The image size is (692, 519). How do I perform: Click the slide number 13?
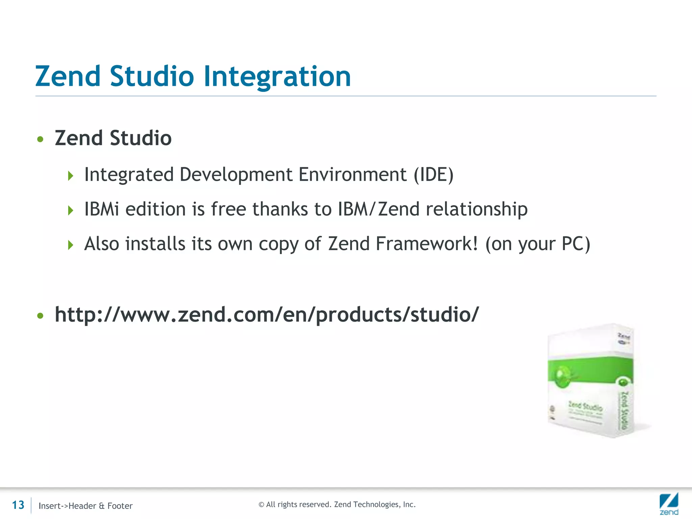coord(18,505)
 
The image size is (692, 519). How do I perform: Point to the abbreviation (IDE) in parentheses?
coord(434,175)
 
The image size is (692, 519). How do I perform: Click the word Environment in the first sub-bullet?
coord(352,175)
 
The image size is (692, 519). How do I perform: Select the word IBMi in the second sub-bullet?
coord(102,209)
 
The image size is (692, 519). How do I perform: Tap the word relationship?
coord(476,209)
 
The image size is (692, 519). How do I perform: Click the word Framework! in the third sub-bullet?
coord(427,244)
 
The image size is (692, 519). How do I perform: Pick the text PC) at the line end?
coord(576,244)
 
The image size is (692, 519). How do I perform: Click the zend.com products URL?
coord(267,315)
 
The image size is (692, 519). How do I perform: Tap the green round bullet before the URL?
coord(41,316)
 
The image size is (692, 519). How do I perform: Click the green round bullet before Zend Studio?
coord(41,139)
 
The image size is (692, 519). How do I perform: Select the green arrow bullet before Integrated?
coord(70,176)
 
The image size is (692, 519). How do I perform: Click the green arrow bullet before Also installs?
coord(70,245)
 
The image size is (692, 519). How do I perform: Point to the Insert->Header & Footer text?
coord(85,506)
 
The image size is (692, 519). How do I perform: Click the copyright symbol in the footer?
coord(261,505)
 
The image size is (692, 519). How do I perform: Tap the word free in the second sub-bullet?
coord(228,209)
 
